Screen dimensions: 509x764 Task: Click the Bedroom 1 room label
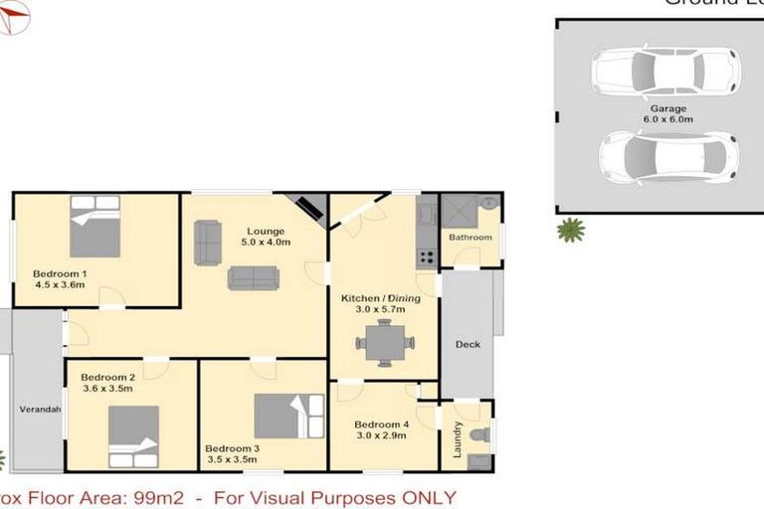click(x=59, y=278)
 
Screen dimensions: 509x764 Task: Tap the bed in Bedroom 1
click(x=95, y=227)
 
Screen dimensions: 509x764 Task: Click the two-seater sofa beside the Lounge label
click(x=208, y=243)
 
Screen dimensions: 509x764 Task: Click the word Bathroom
click(x=470, y=238)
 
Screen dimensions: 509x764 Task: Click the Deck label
click(x=467, y=345)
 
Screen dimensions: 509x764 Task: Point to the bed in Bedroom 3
click(x=288, y=417)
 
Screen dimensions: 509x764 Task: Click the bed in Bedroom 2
click(x=133, y=437)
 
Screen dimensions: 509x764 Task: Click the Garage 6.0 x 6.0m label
click(x=668, y=112)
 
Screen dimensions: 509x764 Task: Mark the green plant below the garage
click(x=570, y=231)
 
